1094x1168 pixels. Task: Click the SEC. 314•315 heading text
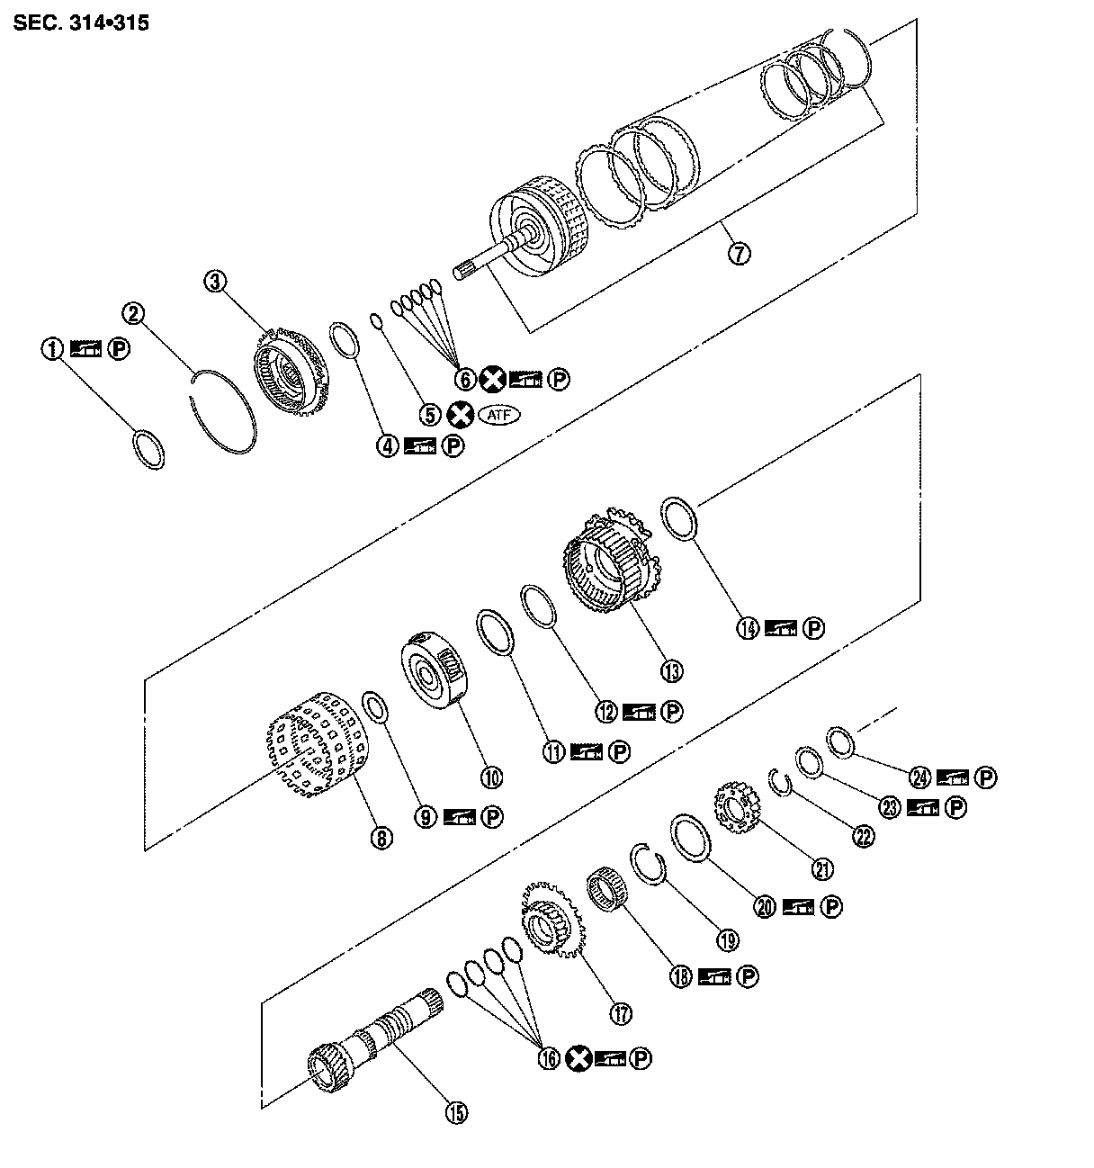point(81,22)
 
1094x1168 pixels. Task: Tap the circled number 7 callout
point(738,253)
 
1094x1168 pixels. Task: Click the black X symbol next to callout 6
point(492,380)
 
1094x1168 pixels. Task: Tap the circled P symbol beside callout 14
point(813,628)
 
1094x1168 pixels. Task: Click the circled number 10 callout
point(491,777)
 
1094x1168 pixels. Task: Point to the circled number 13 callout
point(670,670)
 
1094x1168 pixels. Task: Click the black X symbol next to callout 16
point(578,1059)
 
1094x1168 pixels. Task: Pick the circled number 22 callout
point(862,836)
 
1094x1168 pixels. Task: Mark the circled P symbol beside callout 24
point(986,777)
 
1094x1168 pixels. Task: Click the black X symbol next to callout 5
point(460,414)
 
